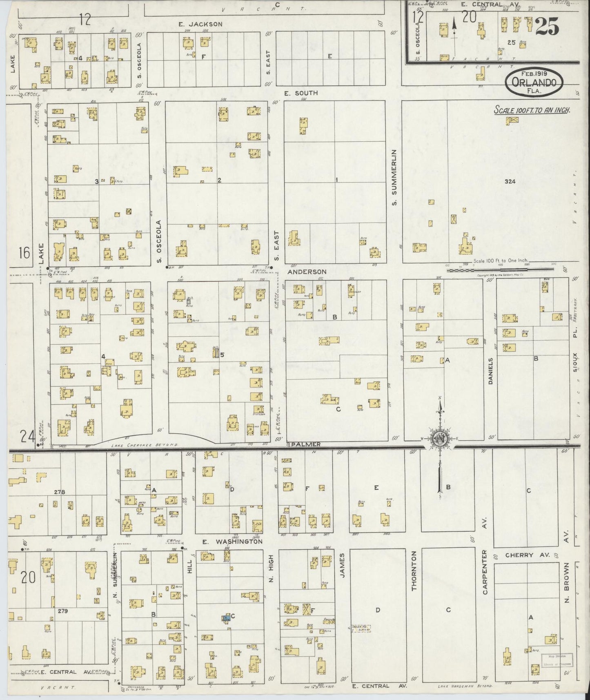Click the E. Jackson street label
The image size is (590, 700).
[x=200, y=24]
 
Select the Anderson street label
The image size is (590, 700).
[x=307, y=272]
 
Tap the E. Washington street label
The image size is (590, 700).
[x=233, y=542]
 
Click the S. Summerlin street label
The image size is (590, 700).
[x=394, y=178]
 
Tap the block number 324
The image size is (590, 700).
[x=510, y=181]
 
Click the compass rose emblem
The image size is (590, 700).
[x=440, y=439]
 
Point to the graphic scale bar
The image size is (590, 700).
[x=500, y=269]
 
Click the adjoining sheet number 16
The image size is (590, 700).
[x=24, y=253]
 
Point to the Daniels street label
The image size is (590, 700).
[x=491, y=371]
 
